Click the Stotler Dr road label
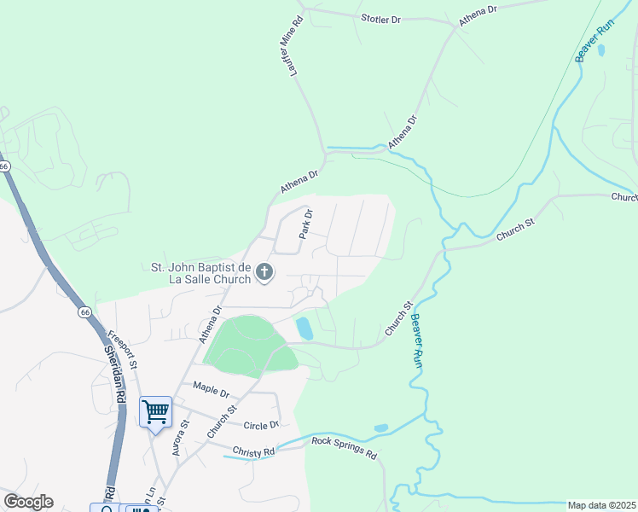[x=380, y=19]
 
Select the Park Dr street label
[x=306, y=224]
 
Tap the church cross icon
[x=264, y=272]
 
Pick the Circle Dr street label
[x=261, y=425]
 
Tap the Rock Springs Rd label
[x=344, y=448]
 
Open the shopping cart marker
[x=155, y=413]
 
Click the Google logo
[x=28, y=502]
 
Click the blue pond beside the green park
[x=304, y=329]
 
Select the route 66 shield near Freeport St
[x=84, y=312]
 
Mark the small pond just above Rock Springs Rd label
[x=380, y=428]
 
